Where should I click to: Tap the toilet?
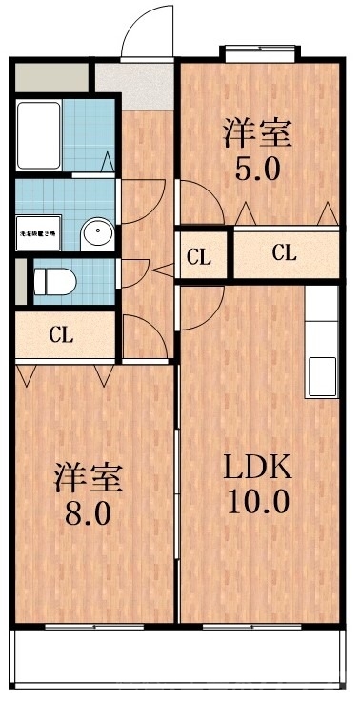[x=55, y=281]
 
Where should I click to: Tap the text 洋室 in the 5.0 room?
[x=257, y=131]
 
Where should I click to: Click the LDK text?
[x=257, y=468]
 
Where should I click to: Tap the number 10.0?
[x=257, y=501]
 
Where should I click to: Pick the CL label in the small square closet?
[x=199, y=255]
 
